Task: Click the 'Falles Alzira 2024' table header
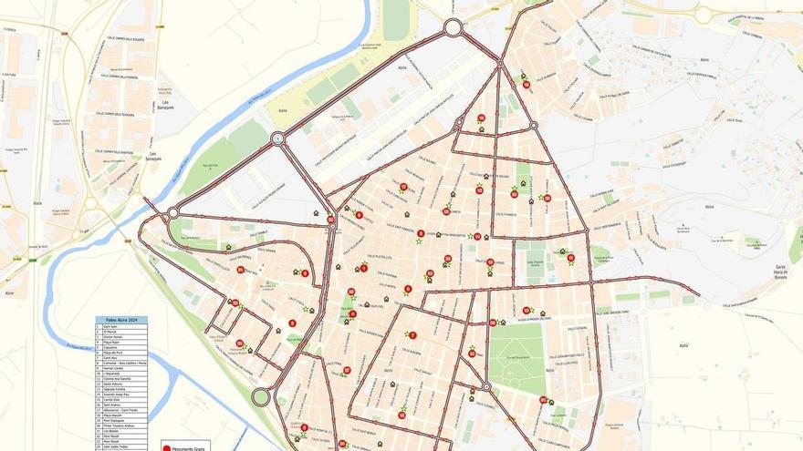point(121,321)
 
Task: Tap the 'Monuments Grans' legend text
point(188,446)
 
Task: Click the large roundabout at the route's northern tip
point(453,28)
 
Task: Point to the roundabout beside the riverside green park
point(277,138)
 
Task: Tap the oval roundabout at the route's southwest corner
point(261,397)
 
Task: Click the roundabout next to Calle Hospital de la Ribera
point(703,15)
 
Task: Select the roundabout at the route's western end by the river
point(172,212)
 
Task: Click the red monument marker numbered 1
point(363,268)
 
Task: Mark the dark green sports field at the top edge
point(396,19)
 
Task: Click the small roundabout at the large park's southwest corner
point(486,387)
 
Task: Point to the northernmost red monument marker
point(526,85)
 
